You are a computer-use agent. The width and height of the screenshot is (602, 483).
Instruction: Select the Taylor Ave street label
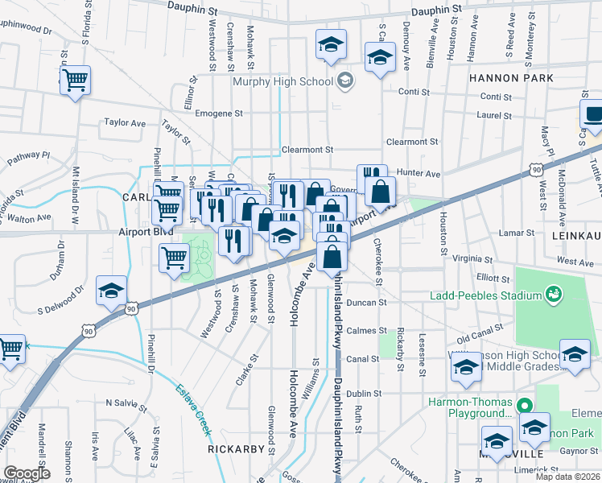[125, 123]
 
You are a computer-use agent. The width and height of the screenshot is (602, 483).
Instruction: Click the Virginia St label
[472, 259]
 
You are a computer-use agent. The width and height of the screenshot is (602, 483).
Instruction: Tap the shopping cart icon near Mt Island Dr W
[75, 80]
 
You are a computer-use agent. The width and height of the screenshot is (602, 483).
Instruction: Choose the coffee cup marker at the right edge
[593, 114]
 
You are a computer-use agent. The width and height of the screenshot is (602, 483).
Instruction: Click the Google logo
[27, 473]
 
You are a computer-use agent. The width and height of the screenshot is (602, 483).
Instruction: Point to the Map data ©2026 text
[567, 477]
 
